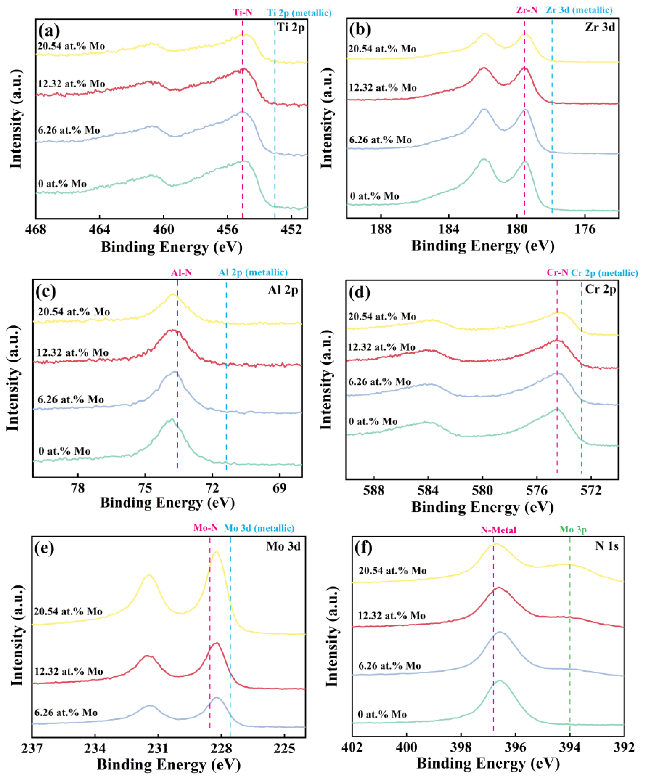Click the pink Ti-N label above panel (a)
tap(242, 12)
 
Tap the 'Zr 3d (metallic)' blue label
tap(579, 10)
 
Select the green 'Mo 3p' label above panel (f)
tap(573, 530)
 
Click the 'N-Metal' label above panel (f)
tap(498, 530)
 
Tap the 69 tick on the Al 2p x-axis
tap(279, 488)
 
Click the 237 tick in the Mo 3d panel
tap(33, 748)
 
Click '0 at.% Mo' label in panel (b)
tap(374, 196)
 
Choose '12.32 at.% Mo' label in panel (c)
tap(73, 352)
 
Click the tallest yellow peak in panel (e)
tap(216, 552)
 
